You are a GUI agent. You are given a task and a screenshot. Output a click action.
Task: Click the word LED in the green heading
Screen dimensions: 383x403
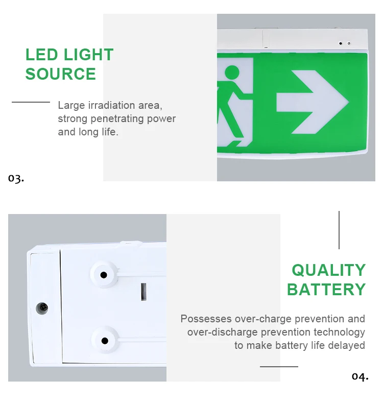pos(42,55)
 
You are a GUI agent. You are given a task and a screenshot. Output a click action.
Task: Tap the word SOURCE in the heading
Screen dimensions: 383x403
pos(61,74)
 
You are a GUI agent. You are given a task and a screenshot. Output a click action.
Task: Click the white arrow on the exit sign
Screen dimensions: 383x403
pos(313,102)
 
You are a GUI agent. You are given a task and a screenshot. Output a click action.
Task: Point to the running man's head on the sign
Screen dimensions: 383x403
pos(232,72)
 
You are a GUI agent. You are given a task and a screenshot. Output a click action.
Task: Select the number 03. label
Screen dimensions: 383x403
pos(16,178)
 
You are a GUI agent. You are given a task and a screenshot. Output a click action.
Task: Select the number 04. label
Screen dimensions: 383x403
pos(360,376)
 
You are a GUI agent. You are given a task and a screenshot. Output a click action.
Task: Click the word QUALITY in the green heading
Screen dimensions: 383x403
pos(329,270)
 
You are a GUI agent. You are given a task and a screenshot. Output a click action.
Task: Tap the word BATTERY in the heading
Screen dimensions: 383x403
pos(326,290)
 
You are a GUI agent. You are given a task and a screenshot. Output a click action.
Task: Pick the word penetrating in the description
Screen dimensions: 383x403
pos(117,118)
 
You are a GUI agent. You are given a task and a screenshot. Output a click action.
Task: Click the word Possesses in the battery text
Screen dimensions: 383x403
pos(206,319)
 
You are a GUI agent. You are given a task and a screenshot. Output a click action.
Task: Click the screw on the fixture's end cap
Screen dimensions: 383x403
pos(42,307)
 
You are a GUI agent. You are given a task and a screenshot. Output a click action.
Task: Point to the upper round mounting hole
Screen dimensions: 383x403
pos(104,275)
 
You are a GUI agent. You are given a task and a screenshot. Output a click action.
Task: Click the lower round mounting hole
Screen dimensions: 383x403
pos(105,341)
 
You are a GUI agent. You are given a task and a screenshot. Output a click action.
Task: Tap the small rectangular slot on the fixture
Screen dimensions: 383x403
pos(143,292)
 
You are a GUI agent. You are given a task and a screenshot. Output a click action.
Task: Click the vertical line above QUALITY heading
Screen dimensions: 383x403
pos(339,230)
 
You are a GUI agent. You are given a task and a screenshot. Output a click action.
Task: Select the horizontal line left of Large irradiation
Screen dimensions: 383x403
pos(31,102)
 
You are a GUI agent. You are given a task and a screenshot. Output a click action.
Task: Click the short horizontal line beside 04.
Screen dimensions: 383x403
pos(279,367)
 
